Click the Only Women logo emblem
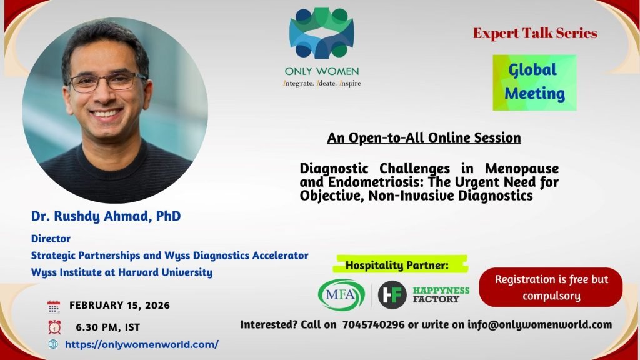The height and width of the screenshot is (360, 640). (x=322, y=32)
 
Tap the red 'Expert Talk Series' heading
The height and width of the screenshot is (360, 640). (x=535, y=33)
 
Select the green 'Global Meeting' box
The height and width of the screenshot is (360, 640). (x=535, y=82)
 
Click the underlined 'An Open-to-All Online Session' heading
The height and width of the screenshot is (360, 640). (x=424, y=138)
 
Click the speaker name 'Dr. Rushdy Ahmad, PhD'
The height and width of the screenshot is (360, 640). (x=106, y=216)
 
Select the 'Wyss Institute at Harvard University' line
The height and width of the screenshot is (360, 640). (x=122, y=272)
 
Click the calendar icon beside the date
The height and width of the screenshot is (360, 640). (x=54, y=306)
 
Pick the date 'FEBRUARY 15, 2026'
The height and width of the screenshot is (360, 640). (x=119, y=305)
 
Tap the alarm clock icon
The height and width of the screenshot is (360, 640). (x=54, y=327)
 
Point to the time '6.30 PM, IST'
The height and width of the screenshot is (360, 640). (x=107, y=327)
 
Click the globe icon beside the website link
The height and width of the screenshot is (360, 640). (x=53, y=344)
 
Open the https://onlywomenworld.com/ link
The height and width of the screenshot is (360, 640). (x=142, y=344)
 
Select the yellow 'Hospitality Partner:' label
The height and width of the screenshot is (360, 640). (x=400, y=265)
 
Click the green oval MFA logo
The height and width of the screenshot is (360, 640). (x=341, y=295)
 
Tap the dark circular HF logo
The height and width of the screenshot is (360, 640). (x=392, y=295)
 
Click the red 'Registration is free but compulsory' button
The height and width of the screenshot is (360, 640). (x=551, y=287)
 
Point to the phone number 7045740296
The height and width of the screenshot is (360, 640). (x=374, y=325)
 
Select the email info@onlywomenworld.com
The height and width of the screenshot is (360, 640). (x=539, y=325)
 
